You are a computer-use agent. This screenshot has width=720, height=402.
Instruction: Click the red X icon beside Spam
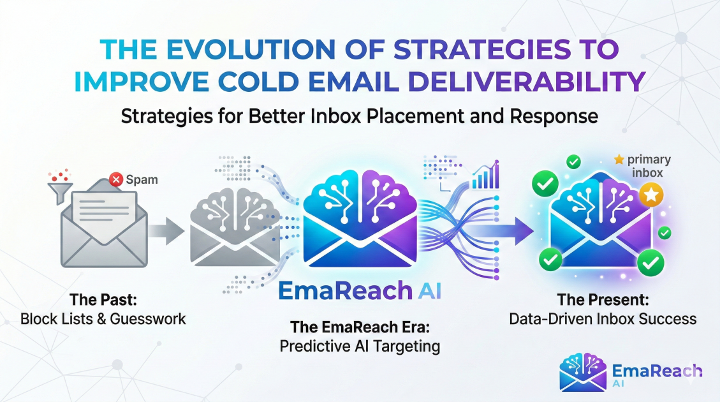(116, 179)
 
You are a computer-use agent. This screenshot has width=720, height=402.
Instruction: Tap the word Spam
(142, 180)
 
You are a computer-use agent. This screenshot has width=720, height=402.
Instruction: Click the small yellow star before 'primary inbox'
(619, 160)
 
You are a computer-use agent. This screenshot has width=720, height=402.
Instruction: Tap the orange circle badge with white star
(651, 195)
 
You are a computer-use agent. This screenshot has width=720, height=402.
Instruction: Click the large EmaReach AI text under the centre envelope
(360, 290)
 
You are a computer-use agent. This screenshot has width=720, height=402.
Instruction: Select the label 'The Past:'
(103, 299)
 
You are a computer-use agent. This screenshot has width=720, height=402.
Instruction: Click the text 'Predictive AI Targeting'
(360, 346)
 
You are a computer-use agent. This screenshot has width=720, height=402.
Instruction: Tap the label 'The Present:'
(603, 299)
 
